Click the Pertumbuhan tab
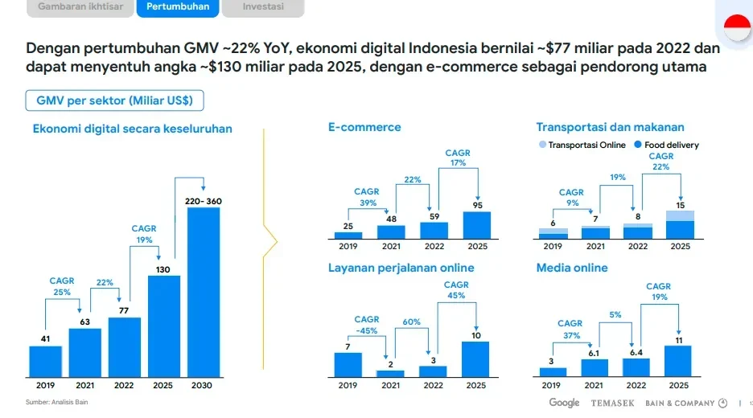178,7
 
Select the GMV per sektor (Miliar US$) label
113,100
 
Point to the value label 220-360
203,200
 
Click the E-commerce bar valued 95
476,225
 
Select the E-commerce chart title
364,127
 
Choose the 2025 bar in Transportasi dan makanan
680,225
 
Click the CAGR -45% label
367,326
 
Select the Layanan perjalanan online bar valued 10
476,359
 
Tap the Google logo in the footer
564,403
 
